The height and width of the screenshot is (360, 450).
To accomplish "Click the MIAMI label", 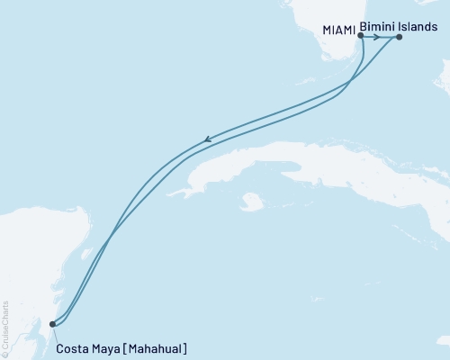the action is [x=337, y=31].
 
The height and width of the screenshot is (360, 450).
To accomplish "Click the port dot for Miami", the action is [x=360, y=37].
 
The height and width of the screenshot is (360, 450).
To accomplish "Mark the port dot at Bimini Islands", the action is [x=399, y=38].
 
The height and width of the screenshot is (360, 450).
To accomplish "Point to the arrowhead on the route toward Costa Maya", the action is [x=208, y=139].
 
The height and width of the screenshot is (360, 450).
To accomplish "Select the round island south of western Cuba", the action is [x=254, y=202].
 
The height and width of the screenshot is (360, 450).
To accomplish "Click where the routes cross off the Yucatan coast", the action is [x=109, y=239].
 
